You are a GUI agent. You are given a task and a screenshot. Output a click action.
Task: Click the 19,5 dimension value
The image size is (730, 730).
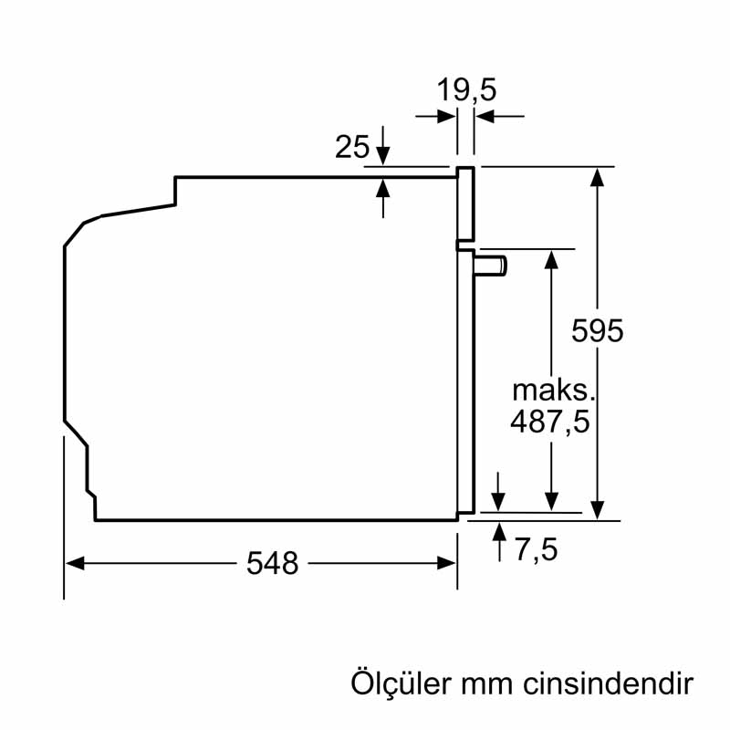[466, 89]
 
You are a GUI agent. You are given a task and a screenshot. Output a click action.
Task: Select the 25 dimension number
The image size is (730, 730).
[352, 147]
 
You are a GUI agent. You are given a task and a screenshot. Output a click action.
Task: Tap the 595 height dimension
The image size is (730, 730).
[598, 331]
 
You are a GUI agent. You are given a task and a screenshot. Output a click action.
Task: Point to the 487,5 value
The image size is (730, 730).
[550, 422]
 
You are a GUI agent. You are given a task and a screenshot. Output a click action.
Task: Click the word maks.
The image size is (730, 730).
[554, 391]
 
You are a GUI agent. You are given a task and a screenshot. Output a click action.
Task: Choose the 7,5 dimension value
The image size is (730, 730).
[537, 549]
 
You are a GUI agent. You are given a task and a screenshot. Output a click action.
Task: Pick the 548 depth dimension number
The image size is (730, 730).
[272, 563]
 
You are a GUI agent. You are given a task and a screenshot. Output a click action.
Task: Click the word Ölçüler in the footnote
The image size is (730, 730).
[401, 683]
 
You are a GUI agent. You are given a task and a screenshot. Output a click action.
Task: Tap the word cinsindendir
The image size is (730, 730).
[608, 683]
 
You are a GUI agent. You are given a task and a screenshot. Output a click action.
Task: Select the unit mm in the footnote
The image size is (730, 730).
[486, 686]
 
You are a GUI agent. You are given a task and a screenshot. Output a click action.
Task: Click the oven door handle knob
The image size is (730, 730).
[491, 266]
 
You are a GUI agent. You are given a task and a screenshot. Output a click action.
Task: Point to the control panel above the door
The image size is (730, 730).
[465, 203]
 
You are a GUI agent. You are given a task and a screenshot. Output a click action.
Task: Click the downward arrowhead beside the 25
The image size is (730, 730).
[382, 155]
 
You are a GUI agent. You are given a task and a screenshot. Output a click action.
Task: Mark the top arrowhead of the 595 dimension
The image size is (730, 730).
[597, 177]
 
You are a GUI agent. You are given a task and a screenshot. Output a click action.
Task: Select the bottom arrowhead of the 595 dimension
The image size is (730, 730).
[597, 510]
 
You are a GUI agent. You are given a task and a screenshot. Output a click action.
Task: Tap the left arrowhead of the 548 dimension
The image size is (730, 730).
[75, 563]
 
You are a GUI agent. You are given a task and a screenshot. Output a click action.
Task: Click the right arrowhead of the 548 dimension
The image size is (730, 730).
[446, 563]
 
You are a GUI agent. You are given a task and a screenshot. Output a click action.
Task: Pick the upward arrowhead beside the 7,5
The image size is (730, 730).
[499, 532]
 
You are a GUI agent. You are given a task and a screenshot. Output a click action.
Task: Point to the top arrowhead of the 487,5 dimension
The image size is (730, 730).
[551, 260]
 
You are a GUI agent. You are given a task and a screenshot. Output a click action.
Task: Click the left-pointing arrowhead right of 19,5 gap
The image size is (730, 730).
[485, 116]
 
